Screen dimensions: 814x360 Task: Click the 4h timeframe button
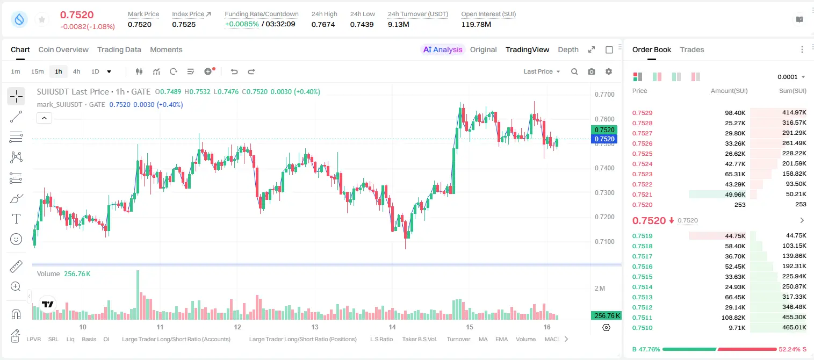[76, 71]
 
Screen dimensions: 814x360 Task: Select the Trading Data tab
[119, 50]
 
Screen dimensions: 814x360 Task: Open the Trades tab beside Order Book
[691, 50]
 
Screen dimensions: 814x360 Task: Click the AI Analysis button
[443, 50]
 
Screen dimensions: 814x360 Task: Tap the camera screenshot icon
[591, 71]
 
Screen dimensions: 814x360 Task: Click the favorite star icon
[42, 19]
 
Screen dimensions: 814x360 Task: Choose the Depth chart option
[568, 50]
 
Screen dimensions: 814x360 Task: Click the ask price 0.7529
[642, 113]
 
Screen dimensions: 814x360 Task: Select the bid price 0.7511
[642, 318]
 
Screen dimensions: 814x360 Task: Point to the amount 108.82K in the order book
[733, 318]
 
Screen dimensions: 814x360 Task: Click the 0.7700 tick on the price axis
[604, 95]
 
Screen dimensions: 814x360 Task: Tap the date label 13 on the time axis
[315, 327]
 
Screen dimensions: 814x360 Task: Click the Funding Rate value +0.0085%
[242, 24]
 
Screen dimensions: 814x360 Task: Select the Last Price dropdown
[542, 71]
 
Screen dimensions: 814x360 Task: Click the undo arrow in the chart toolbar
[234, 71]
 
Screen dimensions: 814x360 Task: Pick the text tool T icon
[16, 219]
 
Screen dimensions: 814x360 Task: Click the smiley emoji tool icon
[16, 239]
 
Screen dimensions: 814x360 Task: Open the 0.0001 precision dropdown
[791, 77]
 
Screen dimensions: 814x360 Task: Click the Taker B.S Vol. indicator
[419, 339]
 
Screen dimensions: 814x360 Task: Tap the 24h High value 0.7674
[323, 24]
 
